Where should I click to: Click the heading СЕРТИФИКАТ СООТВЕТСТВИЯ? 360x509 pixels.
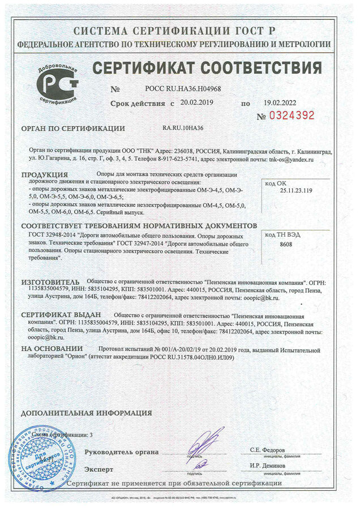point(207,69)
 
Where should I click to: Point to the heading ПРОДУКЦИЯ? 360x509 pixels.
point(45,174)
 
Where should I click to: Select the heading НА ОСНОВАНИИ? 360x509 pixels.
point(52,349)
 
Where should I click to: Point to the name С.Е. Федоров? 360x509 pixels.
point(269,450)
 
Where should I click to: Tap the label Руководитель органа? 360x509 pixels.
point(121,452)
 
